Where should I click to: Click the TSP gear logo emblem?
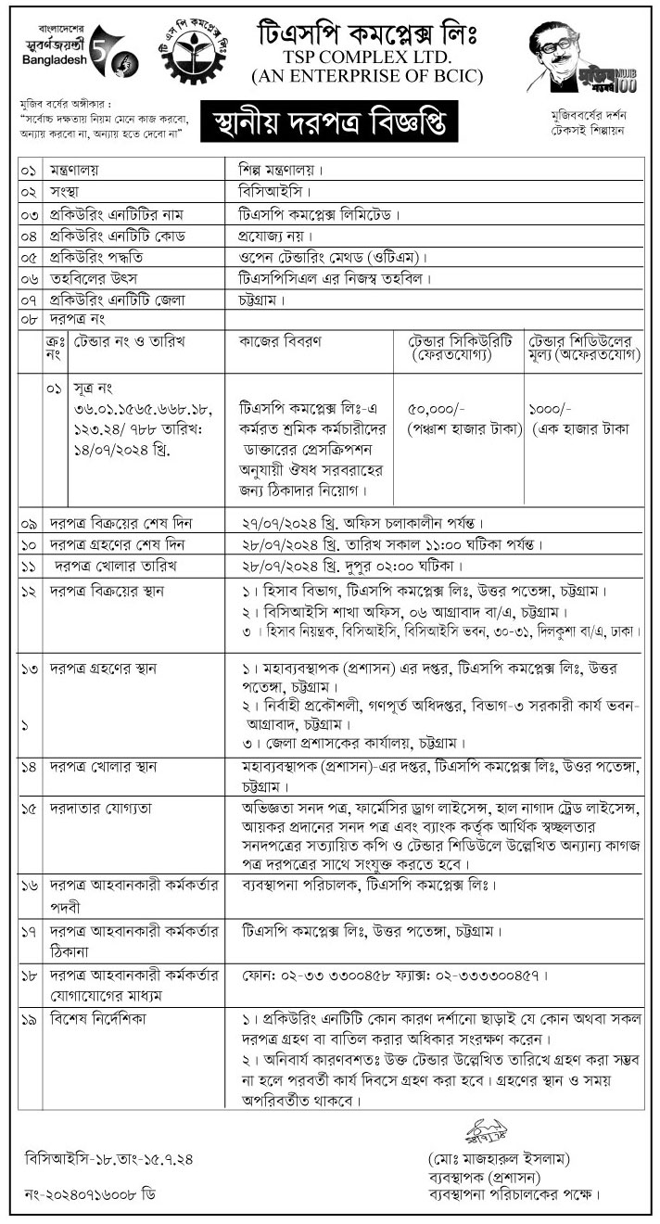[193, 52]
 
